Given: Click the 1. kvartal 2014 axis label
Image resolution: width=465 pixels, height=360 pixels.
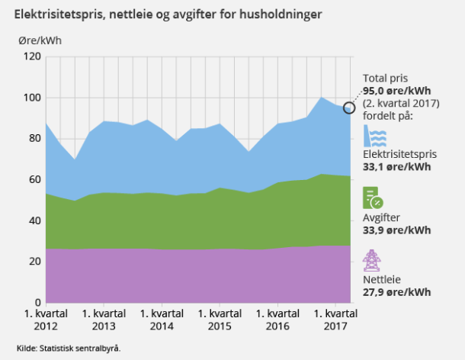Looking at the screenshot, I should point(162,320).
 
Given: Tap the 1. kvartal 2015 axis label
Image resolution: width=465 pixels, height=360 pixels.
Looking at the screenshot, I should point(220,320).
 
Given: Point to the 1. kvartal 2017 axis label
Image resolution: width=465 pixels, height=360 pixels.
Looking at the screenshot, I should point(336,320).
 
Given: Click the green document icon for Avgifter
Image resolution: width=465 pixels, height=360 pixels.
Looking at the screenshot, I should point(374,198).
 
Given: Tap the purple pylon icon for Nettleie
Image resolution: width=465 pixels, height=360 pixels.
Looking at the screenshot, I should point(373,261).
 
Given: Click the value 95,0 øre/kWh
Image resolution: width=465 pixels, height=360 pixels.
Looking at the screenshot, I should point(396,91).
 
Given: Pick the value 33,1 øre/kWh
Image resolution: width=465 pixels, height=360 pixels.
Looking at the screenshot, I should point(396,166).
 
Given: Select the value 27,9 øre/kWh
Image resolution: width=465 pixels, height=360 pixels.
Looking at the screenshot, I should point(396,292).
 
